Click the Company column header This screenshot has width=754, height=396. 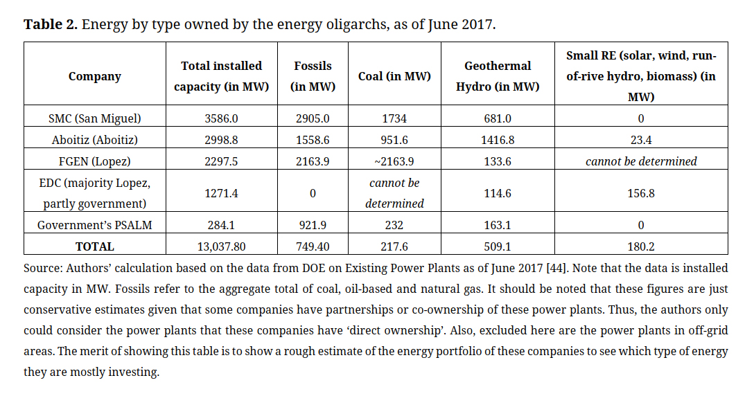tap(94, 76)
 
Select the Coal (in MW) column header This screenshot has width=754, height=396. tap(394, 76)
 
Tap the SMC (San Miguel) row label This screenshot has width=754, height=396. tap(94, 118)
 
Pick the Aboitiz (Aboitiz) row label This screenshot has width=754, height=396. tap(94, 140)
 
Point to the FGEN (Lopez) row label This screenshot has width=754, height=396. tap(94, 161)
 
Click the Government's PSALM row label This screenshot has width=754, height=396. tap(94, 225)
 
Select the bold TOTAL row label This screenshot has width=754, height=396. tap(94, 246)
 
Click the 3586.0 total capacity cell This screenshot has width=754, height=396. tap(221, 118)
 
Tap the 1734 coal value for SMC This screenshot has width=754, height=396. tap(394, 118)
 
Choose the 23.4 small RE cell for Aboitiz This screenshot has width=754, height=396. tap(640, 140)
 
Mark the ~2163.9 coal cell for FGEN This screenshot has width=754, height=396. tap(394, 161)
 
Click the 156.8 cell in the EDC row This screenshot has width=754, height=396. tap(640, 193)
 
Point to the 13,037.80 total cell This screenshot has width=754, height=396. tap(221, 246)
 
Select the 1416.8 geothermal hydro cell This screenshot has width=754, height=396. tap(498, 140)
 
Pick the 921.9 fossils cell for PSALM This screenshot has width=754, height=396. tap(313, 225)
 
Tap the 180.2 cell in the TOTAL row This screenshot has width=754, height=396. tap(640, 246)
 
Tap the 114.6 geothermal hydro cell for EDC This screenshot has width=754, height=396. tap(498, 193)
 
